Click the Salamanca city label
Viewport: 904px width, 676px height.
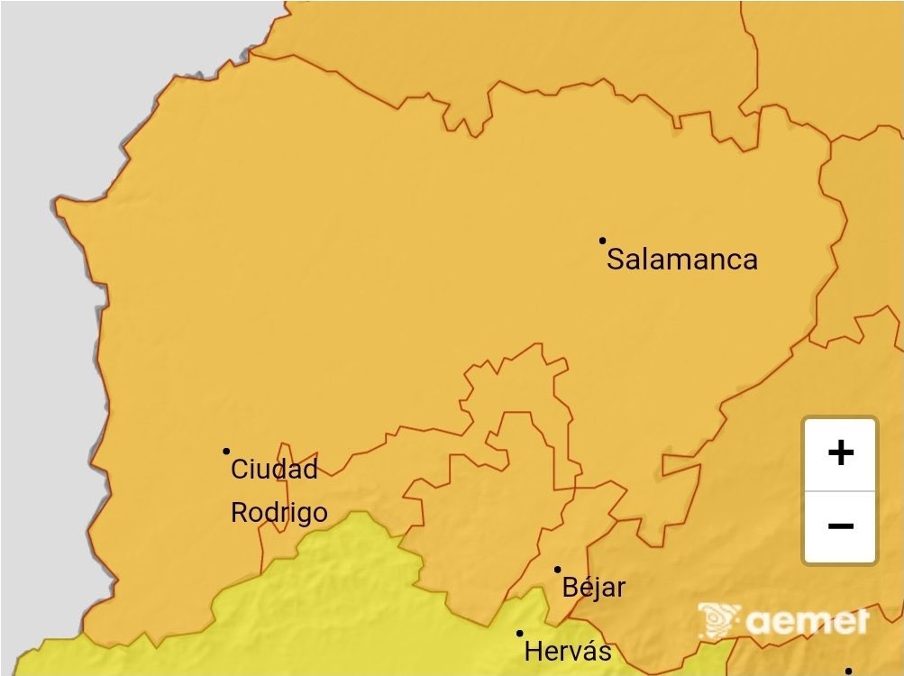coord(681,260)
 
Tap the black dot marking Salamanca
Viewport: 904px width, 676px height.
coord(602,241)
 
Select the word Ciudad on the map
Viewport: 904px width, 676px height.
coord(275,469)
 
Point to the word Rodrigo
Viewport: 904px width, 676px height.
coord(279,513)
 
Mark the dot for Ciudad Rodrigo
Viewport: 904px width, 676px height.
coord(226,451)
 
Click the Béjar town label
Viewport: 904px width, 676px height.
coord(593,589)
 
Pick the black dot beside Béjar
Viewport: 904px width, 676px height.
coord(557,569)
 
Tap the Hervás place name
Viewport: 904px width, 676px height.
coord(568,651)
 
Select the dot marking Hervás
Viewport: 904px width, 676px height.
coord(519,633)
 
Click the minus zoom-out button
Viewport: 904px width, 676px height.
coord(840,526)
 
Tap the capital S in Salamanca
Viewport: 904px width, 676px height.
coord(616,260)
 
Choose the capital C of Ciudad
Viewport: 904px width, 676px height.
coord(241,470)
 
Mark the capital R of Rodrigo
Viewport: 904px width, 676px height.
coord(240,513)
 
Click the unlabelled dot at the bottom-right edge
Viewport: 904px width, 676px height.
coord(848,671)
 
